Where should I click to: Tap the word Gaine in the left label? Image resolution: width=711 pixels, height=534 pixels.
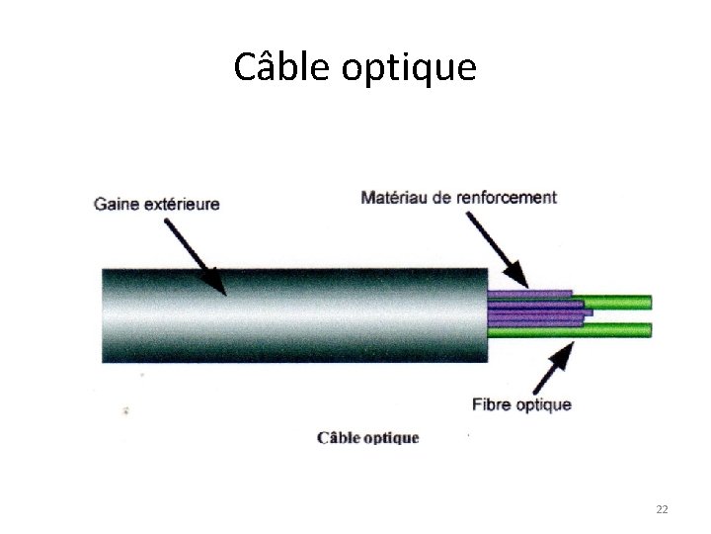point(117,205)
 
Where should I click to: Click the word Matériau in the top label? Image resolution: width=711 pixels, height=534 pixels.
point(395,198)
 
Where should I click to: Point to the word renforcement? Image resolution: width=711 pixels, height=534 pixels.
point(507,198)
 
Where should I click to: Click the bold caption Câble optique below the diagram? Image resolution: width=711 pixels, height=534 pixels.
point(367,437)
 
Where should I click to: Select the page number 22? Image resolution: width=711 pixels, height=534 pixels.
point(662,509)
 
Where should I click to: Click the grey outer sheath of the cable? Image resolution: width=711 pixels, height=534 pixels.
point(296,314)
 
